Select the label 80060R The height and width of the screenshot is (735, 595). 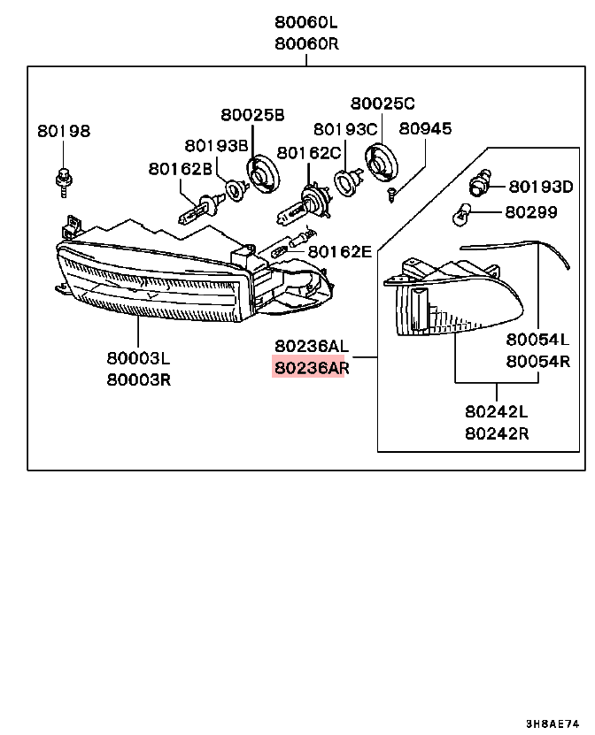click(x=306, y=42)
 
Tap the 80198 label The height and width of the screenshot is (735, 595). click(x=64, y=131)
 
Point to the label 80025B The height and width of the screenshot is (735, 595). click(x=252, y=115)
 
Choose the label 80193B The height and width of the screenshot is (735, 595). click(x=215, y=145)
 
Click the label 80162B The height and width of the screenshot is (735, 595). click(x=180, y=168)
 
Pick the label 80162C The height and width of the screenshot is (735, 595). click(x=309, y=153)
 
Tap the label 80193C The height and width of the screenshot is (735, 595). click(x=345, y=129)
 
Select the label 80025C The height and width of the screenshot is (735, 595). click(x=382, y=103)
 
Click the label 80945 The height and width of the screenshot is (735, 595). click(x=424, y=129)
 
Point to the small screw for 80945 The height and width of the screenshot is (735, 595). click(x=391, y=192)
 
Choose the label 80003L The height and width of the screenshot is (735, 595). click(x=138, y=358)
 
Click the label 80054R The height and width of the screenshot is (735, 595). click(x=537, y=361)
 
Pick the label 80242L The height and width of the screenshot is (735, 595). click(x=496, y=412)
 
